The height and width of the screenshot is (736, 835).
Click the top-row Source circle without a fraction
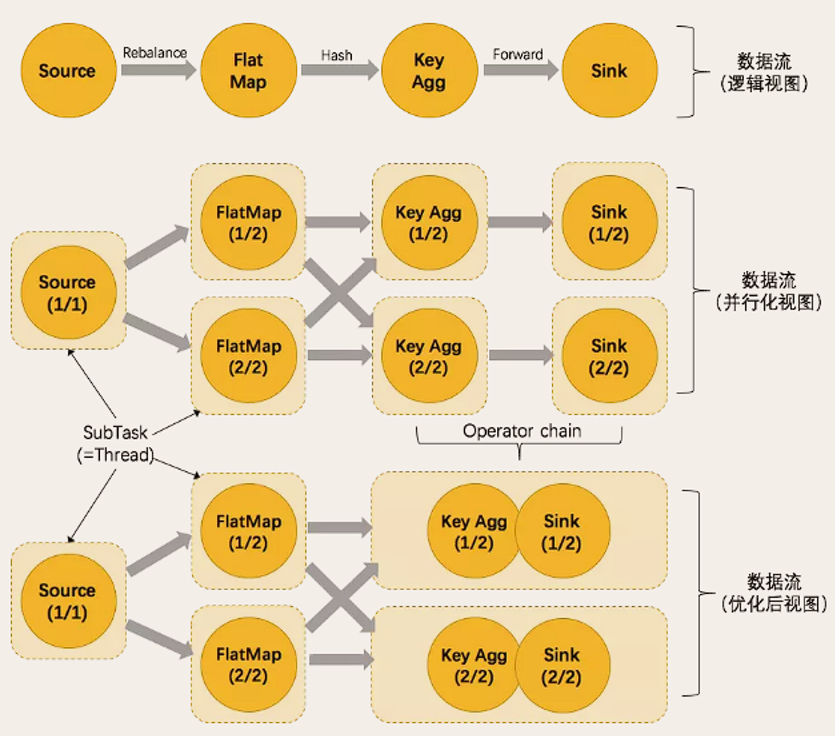(67, 71)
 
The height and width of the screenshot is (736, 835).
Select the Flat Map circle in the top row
(248, 71)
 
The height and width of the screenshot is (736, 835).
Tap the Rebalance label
(154, 52)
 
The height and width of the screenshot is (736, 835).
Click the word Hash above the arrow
(337, 54)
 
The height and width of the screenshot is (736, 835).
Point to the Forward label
(518, 54)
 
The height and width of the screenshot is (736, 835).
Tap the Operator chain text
(522, 431)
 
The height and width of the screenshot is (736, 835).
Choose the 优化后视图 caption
(773, 603)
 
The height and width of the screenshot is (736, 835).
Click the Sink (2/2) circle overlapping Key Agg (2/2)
(562, 666)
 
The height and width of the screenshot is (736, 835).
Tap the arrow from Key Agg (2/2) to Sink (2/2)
(520, 355)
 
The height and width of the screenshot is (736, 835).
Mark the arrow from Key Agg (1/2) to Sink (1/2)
(520, 223)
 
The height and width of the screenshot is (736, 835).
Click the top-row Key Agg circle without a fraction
(428, 71)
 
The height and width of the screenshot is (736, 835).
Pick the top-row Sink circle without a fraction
(609, 71)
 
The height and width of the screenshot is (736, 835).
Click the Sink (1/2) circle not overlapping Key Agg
(609, 223)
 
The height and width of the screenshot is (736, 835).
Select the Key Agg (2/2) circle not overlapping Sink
(428, 355)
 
